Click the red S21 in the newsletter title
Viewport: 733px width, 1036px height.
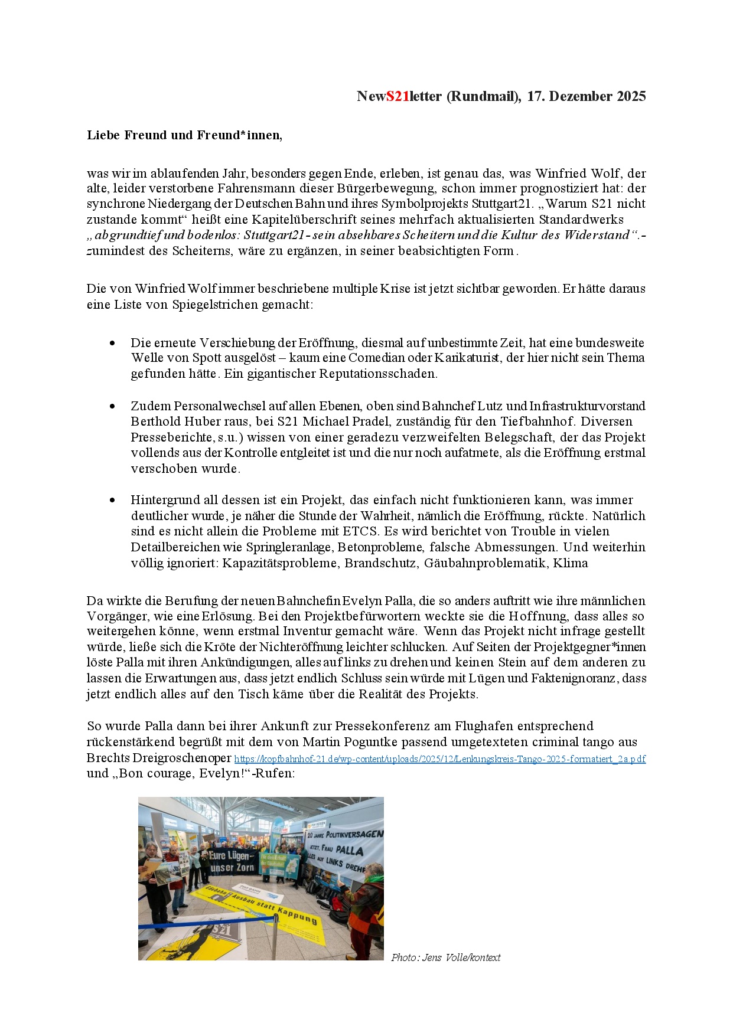pos(398,97)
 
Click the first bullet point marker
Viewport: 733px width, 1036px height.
pos(112,343)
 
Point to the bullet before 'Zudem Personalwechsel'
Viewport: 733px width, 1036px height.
pos(112,406)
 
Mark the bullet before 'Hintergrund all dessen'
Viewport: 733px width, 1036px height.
pos(112,500)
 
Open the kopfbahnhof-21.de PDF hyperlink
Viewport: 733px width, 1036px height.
pos(439,759)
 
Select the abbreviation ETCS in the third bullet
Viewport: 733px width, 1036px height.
pos(359,531)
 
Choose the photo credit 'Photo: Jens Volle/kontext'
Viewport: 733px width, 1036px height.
pos(445,957)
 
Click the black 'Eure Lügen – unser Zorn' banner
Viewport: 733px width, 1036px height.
pos(232,862)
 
